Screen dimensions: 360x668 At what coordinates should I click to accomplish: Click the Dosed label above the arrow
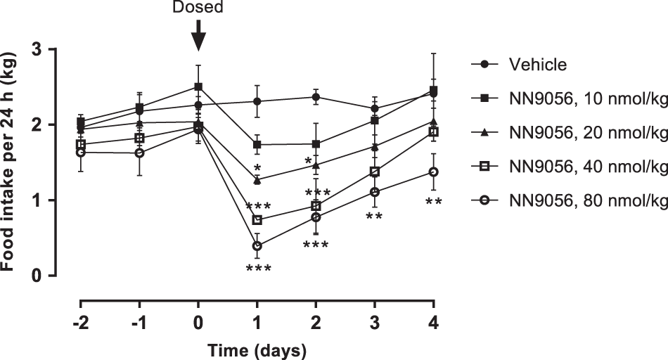tap(198, 7)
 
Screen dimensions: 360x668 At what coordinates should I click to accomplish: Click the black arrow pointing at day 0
tap(198, 35)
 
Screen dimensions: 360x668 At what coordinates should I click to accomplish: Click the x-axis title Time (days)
tap(257, 348)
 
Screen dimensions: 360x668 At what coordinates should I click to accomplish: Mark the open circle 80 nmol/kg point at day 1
tap(257, 246)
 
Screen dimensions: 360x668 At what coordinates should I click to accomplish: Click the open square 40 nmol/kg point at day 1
tap(257, 220)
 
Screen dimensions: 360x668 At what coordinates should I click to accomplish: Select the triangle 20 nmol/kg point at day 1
tap(257, 180)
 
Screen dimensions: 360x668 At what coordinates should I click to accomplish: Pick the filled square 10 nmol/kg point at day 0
tap(198, 87)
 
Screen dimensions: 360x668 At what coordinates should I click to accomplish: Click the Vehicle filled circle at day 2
tap(316, 97)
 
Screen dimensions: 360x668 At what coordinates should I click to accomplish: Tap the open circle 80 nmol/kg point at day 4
tap(434, 172)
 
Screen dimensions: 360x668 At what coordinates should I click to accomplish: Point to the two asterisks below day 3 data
tap(374, 216)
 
